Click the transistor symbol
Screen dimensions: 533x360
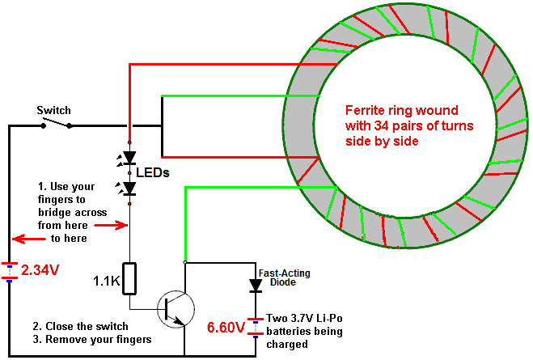pyautogui.click(x=176, y=309)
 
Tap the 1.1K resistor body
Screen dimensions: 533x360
pyautogui.click(x=129, y=278)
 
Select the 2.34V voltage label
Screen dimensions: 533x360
pyautogui.click(x=40, y=270)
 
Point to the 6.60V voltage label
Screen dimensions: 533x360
pyautogui.click(x=226, y=328)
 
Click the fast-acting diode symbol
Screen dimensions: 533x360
pyautogui.click(x=256, y=286)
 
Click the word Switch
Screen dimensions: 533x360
pyautogui.click(x=53, y=110)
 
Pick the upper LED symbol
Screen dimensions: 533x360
pyautogui.click(x=126, y=159)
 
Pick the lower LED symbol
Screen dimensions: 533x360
pyautogui.click(x=126, y=188)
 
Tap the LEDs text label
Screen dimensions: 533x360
pyautogui.click(x=153, y=172)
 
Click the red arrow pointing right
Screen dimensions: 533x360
pyautogui.click(x=111, y=225)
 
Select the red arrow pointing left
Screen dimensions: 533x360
pyautogui.click(x=29, y=239)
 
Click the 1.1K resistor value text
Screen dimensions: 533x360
pyautogui.click(x=107, y=282)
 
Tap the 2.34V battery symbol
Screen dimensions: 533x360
pyautogui.click(x=9, y=271)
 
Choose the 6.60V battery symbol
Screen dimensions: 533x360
pyautogui.click(x=256, y=328)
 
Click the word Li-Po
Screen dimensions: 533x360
pyautogui.click(x=329, y=319)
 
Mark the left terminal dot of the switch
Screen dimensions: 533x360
pyautogui.click(x=44, y=125)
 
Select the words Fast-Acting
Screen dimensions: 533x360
pyautogui.click(x=285, y=273)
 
